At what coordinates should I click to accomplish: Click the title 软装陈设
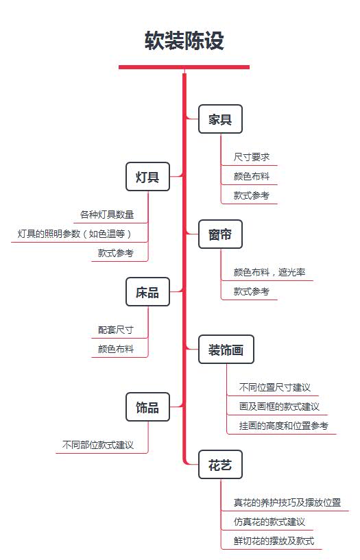[x=184, y=40]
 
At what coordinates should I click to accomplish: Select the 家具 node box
[x=220, y=119]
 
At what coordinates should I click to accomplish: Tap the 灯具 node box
[x=147, y=176]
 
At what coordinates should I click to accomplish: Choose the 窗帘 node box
[x=220, y=234]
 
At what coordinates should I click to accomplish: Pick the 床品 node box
[x=147, y=292]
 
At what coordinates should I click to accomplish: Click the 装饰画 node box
[x=226, y=350]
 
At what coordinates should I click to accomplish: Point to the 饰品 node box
[x=147, y=407]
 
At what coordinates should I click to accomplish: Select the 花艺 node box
[x=220, y=465]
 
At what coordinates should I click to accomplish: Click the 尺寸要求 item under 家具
[x=252, y=157]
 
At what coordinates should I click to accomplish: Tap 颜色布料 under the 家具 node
[x=252, y=176]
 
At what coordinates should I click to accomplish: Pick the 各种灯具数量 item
[x=107, y=215]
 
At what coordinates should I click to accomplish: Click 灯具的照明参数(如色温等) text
[x=75, y=234]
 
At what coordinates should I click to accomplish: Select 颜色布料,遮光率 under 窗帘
[x=269, y=272]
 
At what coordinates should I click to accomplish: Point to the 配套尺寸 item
[x=116, y=330]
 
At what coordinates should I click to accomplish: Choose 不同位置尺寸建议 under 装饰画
[x=275, y=387]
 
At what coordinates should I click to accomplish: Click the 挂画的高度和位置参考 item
[x=284, y=426]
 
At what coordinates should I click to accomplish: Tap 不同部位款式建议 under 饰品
[x=98, y=445]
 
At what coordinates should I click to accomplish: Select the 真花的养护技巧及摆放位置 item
[x=287, y=502]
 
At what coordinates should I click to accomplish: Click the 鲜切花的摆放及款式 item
[x=274, y=541]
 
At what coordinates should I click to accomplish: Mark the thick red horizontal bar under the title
[x=184, y=67]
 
